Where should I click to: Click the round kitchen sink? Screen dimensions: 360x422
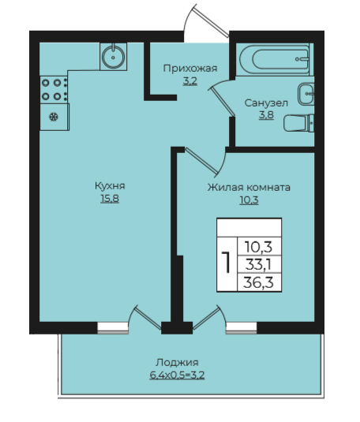point(113,57)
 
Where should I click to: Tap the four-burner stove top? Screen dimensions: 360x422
point(54,90)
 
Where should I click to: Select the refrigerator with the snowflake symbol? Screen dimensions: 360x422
point(54,117)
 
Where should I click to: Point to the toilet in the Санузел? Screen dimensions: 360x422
point(299,123)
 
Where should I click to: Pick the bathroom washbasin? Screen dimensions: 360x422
point(306,94)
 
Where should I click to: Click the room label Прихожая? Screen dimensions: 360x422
point(190,69)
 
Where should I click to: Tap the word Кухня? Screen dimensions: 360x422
point(110,185)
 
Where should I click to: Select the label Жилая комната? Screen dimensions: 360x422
point(249,187)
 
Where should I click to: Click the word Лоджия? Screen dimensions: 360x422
point(177,362)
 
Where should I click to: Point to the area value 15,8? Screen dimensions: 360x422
point(110,199)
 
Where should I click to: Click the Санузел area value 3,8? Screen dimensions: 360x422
point(267,115)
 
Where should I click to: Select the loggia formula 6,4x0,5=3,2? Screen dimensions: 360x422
point(177,375)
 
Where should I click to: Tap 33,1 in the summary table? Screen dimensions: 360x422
point(259,265)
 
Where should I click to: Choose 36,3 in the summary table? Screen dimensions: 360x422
point(259,282)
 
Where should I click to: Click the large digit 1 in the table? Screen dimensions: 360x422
point(227,263)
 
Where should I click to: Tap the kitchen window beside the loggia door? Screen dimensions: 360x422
point(113,328)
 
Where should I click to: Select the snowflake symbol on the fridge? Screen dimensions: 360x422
point(54,117)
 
